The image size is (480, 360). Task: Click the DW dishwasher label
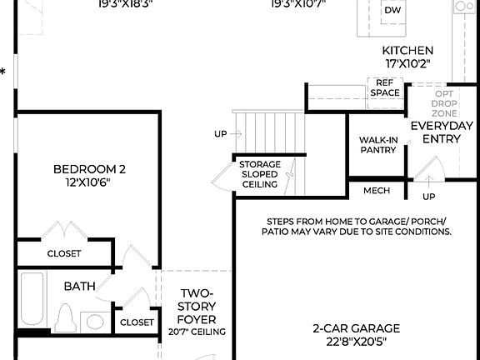(392, 10)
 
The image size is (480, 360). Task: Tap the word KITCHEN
(407, 50)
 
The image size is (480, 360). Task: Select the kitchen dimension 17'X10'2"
(407, 63)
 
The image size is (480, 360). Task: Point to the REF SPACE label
(384, 88)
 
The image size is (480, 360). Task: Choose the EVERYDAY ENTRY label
(442, 132)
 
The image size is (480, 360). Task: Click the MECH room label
(377, 191)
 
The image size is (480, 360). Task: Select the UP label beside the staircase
(220, 133)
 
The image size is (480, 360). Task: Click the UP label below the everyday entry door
(428, 197)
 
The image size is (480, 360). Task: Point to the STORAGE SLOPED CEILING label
(260, 174)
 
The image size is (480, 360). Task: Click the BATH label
(79, 286)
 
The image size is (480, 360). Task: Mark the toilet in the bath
(67, 319)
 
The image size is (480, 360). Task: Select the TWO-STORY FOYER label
(197, 307)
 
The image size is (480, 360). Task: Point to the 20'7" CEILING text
(197, 332)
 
